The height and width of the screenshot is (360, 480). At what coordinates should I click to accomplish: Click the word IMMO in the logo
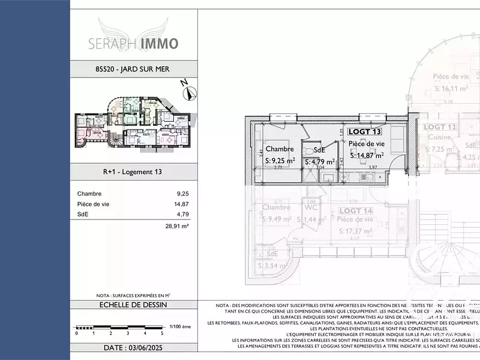point(159,44)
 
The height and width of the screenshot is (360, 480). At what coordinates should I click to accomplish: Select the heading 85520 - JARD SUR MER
point(133,69)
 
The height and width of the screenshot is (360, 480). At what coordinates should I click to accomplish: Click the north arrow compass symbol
point(190,93)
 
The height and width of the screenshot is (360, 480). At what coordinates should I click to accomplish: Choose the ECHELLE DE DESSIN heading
point(133,305)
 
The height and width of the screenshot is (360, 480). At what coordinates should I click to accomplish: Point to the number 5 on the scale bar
point(162,333)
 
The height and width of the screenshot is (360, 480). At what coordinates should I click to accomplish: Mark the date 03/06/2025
point(133,348)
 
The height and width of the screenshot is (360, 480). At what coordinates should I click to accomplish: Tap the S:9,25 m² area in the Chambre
point(280,161)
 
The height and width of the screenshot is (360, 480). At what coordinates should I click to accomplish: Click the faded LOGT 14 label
point(356,211)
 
